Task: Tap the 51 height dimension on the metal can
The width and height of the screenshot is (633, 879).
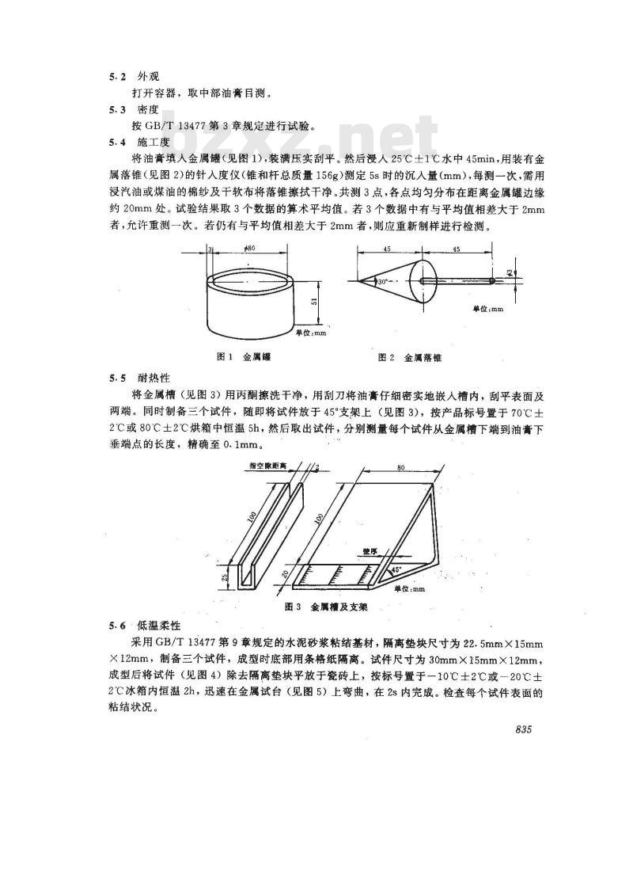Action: click(x=316, y=301)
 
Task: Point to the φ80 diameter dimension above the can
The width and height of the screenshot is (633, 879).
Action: click(x=248, y=248)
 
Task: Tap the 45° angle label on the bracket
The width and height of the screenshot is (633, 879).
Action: click(x=393, y=569)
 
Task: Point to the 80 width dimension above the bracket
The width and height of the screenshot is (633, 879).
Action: click(x=402, y=469)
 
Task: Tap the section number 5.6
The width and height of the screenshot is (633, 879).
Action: click(x=116, y=625)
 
